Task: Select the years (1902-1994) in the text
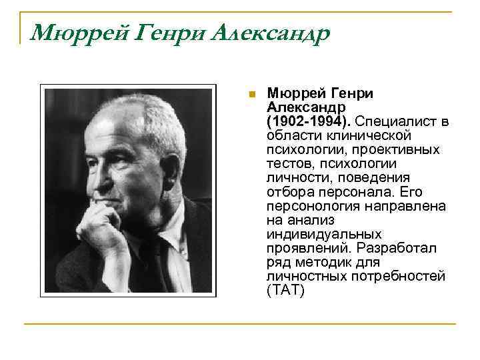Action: [x=309, y=122]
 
